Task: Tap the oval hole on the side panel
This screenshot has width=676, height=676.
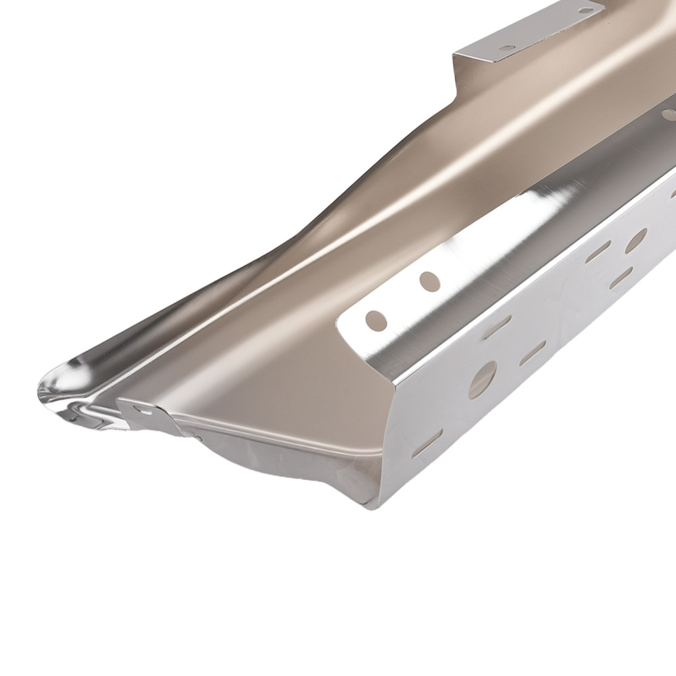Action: (635, 241)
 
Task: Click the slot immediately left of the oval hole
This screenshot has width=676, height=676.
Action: (598, 253)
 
